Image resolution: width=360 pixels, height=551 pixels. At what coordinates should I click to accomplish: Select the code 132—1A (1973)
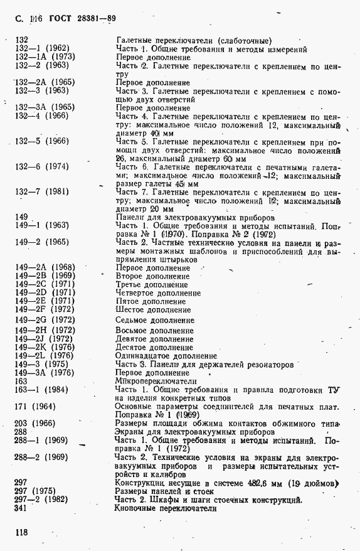click(46, 56)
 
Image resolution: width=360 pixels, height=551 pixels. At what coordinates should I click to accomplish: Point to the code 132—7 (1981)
click(43, 191)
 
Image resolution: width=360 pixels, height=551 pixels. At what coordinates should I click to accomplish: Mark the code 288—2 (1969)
click(42, 457)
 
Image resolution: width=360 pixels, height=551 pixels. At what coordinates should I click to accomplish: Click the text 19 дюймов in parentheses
click(314, 483)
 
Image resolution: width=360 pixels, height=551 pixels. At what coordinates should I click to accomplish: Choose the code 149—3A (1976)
click(45, 372)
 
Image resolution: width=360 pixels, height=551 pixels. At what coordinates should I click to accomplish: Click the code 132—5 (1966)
click(42, 141)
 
